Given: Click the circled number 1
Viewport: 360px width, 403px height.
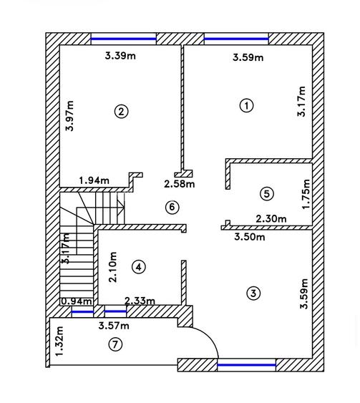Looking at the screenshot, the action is click(247, 105).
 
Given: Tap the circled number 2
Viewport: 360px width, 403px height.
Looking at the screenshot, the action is click(121, 112).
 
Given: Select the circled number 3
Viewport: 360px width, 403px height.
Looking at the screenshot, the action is click(253, 293).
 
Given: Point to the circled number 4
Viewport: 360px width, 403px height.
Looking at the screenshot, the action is click(139, 267).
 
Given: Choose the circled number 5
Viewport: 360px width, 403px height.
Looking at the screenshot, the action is click(267, 194).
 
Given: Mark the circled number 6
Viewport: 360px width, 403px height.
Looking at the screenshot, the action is click(172, 207).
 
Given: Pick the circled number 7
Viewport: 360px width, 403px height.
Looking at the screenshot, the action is click(115, 344).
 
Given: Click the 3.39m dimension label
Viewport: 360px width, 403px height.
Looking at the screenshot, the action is click(120, 56).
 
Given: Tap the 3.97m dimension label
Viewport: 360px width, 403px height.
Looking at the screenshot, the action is click(69, 116).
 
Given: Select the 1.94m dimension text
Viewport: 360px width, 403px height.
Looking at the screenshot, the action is click(94, 180).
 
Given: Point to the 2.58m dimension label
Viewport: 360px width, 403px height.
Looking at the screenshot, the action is click(180, 184).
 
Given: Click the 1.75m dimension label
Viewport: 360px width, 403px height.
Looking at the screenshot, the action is click(306, 194).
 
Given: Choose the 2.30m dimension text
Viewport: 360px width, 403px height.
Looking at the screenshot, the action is click(271, 219).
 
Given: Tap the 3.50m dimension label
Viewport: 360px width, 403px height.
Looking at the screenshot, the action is click(250, 237).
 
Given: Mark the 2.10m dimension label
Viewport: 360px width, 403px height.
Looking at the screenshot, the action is click(113, 267).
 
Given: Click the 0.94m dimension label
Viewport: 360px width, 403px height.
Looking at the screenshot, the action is click(77, 301).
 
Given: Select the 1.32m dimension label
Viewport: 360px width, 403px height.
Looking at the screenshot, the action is click(59, 341).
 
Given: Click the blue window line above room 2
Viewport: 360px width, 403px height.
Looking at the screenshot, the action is click(124, 39).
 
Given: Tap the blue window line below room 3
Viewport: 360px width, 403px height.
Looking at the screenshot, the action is click(246, 365).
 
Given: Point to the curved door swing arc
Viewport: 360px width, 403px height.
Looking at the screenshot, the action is click(210, 336).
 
